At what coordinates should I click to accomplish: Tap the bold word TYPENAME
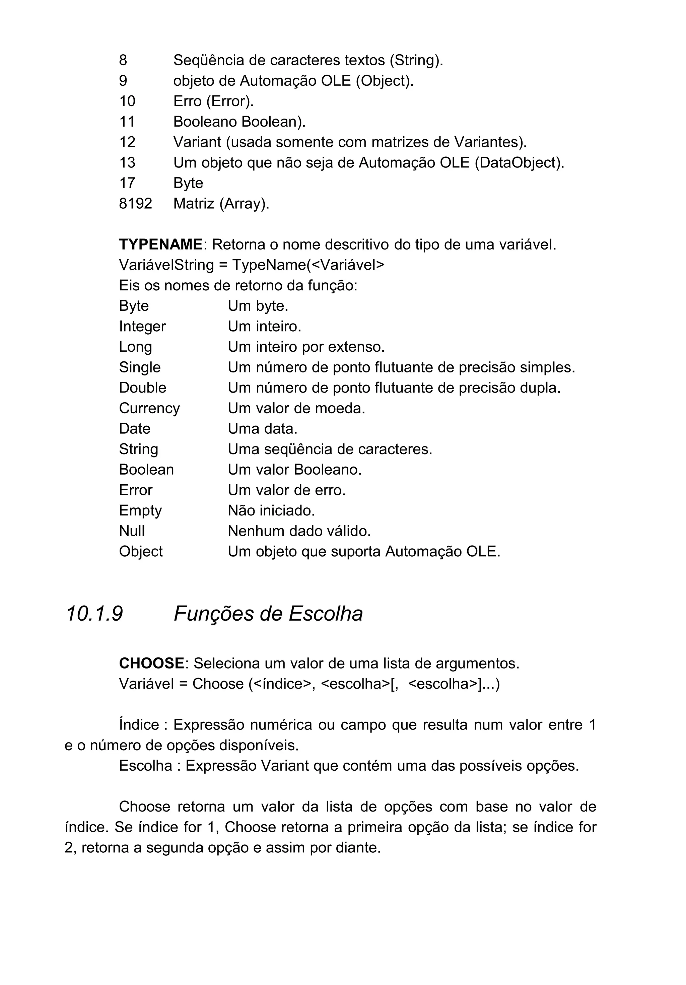tap(160, 244)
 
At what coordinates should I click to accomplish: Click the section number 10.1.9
tap(94, 614)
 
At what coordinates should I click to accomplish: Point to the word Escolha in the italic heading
tap(325, 614)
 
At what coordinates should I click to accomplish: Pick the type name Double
tap(142, 388)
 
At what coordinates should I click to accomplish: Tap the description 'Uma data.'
tap(262, 429)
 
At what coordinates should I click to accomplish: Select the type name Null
tap(132, 531)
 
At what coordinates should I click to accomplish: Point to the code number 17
tap(127, 183)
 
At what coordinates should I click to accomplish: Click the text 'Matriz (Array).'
tap(221, 203)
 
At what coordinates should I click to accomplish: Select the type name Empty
tap(140, 510)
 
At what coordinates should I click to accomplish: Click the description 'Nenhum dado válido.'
tap(299, 531)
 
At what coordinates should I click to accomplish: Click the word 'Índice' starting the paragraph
tap(139, 725)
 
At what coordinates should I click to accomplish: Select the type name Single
tap(139, 367)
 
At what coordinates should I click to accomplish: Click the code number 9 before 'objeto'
tap(123, 81)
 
